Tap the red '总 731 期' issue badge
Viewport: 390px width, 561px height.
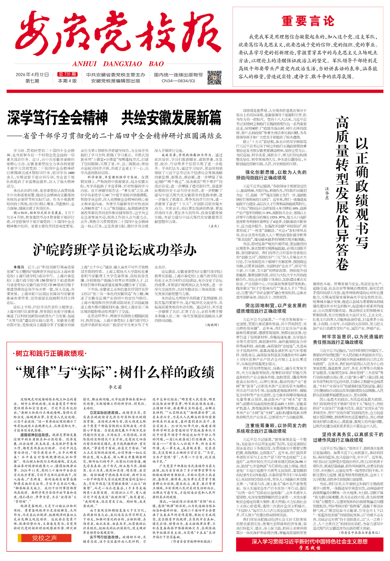click(67, 74)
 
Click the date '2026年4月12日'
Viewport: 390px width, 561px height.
click(32, 75)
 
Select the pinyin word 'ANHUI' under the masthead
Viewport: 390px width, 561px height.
click(84, 64)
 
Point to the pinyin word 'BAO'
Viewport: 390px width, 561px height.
click(156, 64)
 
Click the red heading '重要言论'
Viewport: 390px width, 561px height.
click(308, 21)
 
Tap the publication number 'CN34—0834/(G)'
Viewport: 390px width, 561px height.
click(178, 81)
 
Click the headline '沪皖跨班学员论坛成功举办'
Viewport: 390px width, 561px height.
click(115, 250)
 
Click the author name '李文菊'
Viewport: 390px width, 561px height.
click(115, 387)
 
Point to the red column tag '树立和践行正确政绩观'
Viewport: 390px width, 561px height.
click(50, 353)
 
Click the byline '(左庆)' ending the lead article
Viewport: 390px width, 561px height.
click(214, 226)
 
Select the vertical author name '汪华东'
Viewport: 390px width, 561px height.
click(327, 194)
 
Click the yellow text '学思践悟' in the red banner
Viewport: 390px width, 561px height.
click(310, 548)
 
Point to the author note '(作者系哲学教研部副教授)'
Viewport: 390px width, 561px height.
click(191, 541)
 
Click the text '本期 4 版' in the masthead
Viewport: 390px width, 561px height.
click(67, 81)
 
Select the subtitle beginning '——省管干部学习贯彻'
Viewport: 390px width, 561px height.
click(114, 136)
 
